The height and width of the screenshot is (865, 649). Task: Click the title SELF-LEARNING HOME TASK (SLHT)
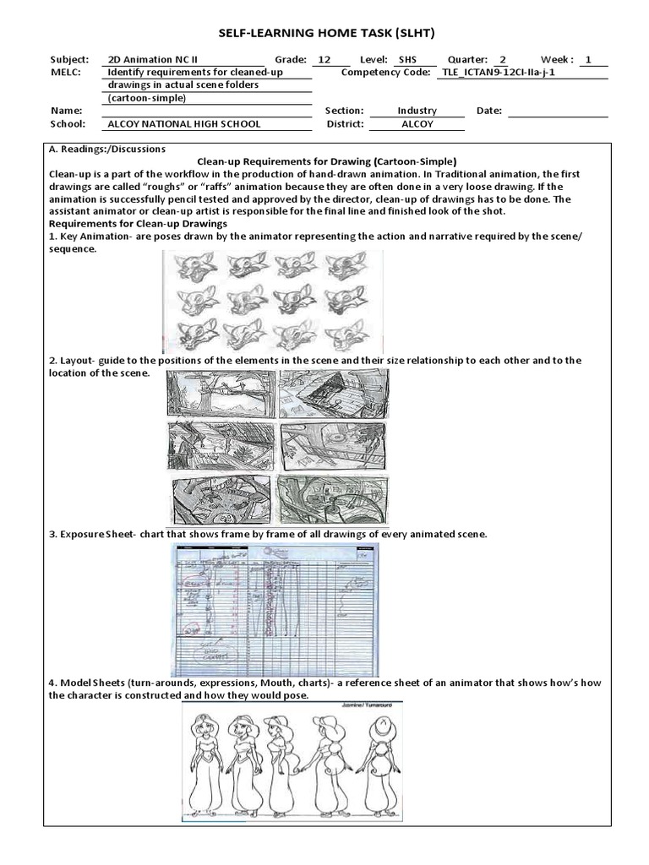tap(325, 32)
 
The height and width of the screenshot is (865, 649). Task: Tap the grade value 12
tap(324, 60)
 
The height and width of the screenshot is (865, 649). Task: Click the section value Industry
tap(417, 111)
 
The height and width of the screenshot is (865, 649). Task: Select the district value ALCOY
tap(417, 123)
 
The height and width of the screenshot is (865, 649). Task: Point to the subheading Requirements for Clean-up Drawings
tap(139, 223)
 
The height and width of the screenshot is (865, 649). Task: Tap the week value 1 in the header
tap(588, 60)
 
